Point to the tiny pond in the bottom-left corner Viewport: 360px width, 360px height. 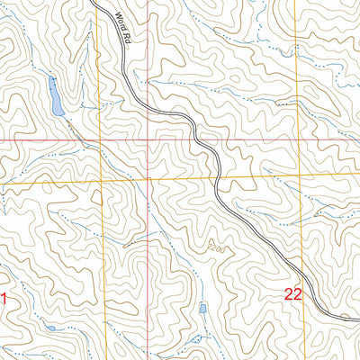coord(52,328)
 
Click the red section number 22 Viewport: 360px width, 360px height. coord(293,293)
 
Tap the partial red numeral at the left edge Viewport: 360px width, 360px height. coord(3,299)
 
